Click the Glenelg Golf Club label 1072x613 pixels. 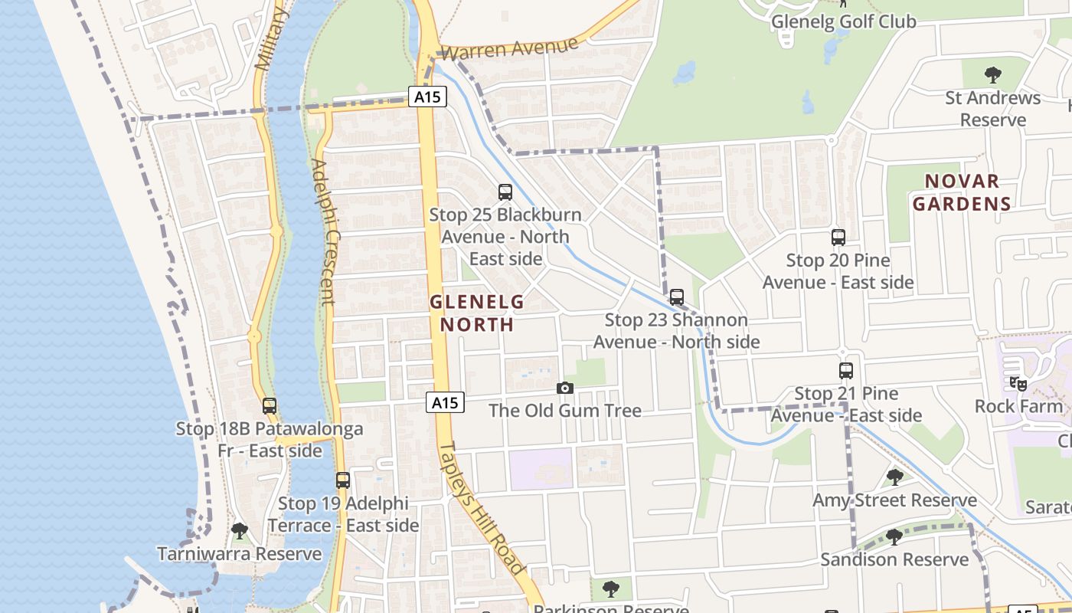[x=843, y=21]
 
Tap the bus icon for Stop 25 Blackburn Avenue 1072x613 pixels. [x=505, y=192]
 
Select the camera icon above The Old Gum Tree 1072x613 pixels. [x=565, y=388]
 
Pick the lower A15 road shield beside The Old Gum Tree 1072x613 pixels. [x=445, y=402]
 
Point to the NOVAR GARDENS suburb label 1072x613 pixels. [x=962, y=192]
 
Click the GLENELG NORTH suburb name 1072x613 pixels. [x=476, y=313]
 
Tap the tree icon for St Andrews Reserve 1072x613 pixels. [x=992, y=75]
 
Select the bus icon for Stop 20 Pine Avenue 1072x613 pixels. [x=838, y=238]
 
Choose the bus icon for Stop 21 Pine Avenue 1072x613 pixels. [x=846, y=371]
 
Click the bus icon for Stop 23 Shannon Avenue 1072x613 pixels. [x=676, y=297]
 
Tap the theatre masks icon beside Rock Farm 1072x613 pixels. [x=1018, y=384]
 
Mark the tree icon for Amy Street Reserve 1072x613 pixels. [x=894, y=478]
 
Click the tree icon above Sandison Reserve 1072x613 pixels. [x=894, y=537]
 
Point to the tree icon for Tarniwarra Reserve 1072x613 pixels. [x=240, y=530]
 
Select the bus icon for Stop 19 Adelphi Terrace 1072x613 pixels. [x=343, y=480]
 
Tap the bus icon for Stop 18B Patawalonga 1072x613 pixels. [x=270, y=406]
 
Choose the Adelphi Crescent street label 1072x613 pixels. [x=324, y=231]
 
